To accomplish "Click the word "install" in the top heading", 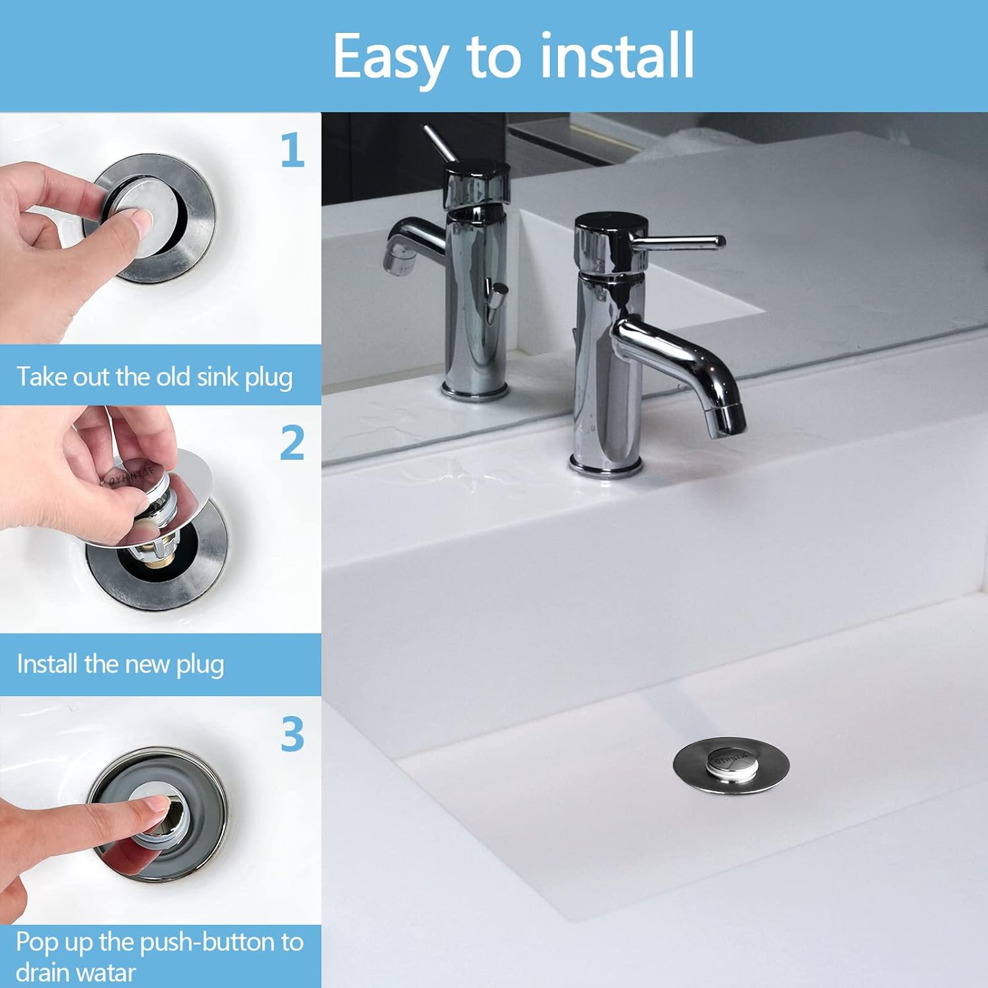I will point(617,56).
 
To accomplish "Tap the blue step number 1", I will point(292,150).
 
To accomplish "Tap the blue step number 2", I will point(292,443).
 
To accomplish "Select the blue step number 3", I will point(292,734).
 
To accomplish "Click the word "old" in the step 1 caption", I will point(175,377).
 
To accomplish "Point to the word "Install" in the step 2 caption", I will point(47,664).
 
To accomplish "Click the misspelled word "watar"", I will point(105,972).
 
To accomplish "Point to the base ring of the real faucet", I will point(605,468).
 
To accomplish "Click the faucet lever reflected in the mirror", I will point(439,142).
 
